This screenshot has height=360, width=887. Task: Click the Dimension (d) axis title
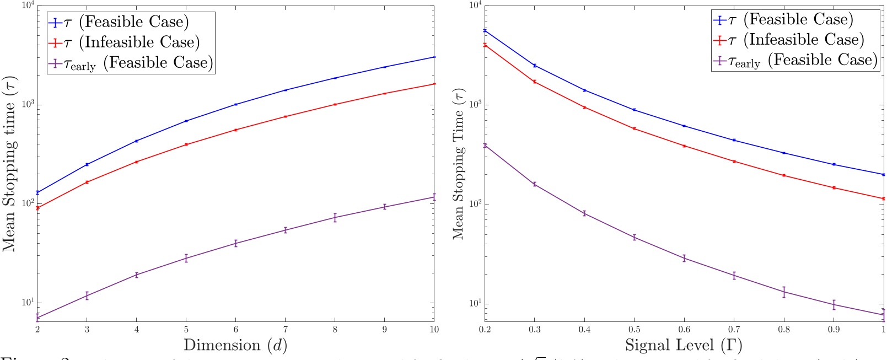pos(235,345)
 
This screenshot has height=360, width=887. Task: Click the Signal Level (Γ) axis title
pos(684,345)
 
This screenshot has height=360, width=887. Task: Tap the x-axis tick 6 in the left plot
pos(236,329)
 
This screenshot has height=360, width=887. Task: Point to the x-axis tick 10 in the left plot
pos(434,329)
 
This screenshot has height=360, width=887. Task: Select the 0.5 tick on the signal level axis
pos(634,329)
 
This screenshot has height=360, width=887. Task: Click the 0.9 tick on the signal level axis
pos(834,329)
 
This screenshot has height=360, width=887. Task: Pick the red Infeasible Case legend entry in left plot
pos(125,42)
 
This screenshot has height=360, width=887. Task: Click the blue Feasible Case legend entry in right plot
pos(783,20)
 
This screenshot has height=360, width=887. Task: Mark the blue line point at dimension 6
pos(236,104)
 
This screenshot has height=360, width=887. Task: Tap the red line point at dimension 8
pos(335,104)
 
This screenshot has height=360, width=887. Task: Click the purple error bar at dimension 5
pos(186,258)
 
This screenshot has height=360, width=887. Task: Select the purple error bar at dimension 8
pos(335,217)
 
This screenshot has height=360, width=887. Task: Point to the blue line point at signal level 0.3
pos(534,66)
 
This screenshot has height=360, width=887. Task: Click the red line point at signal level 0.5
pos(634,128)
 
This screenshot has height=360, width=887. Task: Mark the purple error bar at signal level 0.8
pos(784,292)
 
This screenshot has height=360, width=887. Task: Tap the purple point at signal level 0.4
pos(584,213)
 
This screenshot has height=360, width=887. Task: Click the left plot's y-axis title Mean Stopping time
pos(9,164)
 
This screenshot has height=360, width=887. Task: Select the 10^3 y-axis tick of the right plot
pos(474,105)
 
